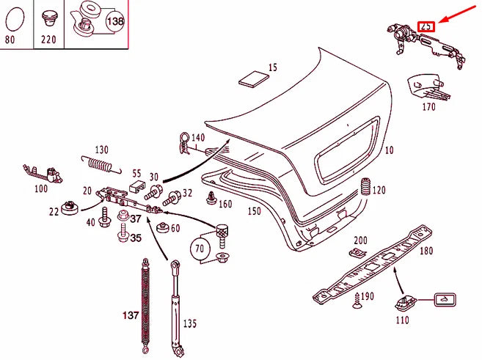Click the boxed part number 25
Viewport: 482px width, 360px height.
point(426,26)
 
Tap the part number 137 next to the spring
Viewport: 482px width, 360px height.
point(130,315)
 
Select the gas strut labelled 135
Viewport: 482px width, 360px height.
point(175,301)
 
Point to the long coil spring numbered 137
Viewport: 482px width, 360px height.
point(145,301)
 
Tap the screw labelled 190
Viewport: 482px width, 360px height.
point(358,298)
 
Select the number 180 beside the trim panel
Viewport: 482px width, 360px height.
point(426,251)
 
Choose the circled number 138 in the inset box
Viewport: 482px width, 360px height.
point(116,22)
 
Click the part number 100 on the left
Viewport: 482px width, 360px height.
point(41,188)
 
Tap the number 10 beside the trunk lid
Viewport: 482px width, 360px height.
point(389,150)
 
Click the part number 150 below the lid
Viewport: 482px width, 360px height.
point(253,211)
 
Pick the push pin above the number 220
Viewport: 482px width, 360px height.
point(49,18)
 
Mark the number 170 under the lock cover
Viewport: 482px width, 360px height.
point(428,107)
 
